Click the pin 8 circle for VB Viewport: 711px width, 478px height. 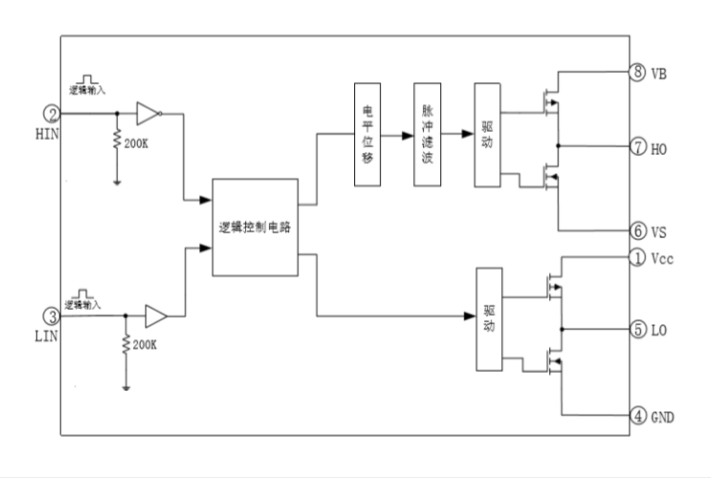[x=637, y=73]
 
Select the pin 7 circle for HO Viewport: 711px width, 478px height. [x=637, y=147]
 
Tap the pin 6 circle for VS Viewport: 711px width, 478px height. [x=637, y=231]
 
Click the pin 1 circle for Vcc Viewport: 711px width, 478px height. [x=637, y=257]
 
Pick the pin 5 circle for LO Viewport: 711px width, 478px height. [x=637, y=330]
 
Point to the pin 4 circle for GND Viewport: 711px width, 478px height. [x=637, y=416]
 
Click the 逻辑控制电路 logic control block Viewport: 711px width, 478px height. [x=255, y=228]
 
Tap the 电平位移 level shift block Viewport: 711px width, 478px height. [x=367, y=135]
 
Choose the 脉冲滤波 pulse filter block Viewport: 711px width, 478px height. [x=427, y=135]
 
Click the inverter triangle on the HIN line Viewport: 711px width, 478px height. [x=147, y=113]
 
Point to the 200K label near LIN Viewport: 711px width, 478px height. [x=144, y=344]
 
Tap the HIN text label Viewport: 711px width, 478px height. [x=48, y=134]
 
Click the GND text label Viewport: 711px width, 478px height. [x=662, y=417]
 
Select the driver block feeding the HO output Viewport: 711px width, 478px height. [x=487, y=135]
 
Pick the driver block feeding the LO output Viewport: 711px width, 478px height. [x=489, y=319]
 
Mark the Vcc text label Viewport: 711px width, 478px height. [x=663, y=258]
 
